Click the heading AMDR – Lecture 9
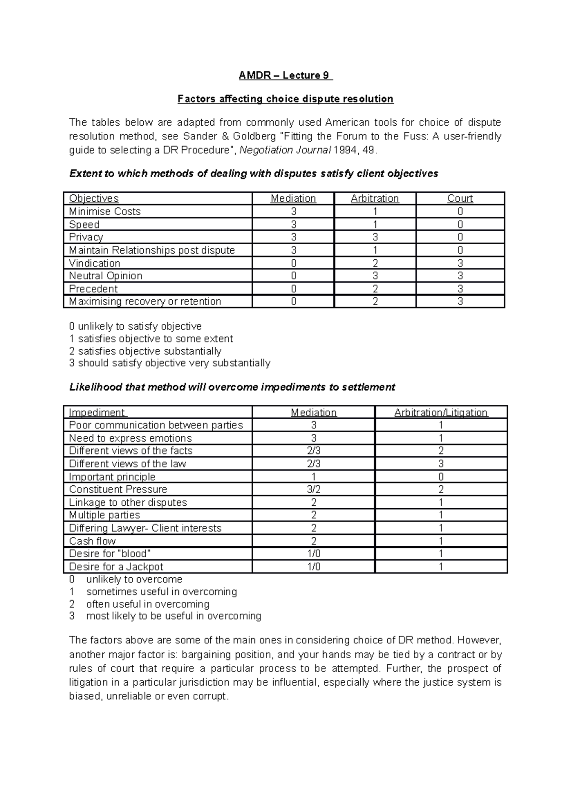(285, 75)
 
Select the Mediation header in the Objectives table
(293, 198)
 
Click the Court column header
(460, 198)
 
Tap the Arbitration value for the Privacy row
(375, 237)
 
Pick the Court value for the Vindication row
(460, 263)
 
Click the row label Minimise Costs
(105, 211)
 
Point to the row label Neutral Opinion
(106, 276)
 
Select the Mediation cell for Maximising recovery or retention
(293, 302)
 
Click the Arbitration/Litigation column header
(441, 413)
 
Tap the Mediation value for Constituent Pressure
(314, 490)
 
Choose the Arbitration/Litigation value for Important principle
(441, 477)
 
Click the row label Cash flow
(92, 541)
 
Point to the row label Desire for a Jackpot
(116, 567)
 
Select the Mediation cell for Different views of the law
(314, 464)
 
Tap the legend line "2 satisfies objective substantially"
(145, 351)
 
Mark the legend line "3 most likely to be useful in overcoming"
(165, 616)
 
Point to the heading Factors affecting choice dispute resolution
(285, 99)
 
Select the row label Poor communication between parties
(156, 425)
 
